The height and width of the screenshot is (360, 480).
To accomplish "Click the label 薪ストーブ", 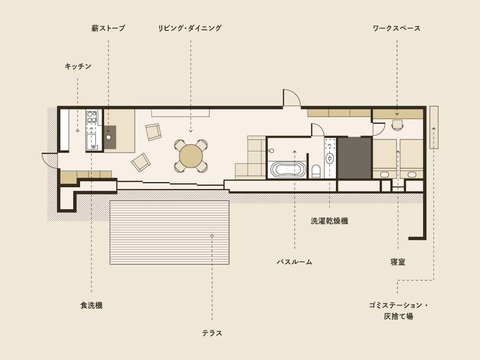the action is pos(108,28).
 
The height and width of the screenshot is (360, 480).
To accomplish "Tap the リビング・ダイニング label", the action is pos(190,28).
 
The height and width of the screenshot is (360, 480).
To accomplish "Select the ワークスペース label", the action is pos(396,28).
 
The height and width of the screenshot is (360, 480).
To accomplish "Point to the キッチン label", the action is pos(78,67).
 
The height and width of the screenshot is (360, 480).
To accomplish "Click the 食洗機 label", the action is pos(91,305).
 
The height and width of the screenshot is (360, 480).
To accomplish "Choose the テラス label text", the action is pos(212,333).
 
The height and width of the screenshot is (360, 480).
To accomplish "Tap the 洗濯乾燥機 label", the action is pos(329,221).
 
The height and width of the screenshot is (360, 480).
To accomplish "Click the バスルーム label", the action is pos(295,262).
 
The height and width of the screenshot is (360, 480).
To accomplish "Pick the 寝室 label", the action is pos(398,262).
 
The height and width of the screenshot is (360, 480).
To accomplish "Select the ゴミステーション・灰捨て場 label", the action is pos(398,310).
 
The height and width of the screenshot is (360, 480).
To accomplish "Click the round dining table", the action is pos(191,156).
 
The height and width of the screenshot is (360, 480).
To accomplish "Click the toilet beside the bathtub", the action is pos(316,171).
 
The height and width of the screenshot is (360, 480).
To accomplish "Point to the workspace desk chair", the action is pos(397,125).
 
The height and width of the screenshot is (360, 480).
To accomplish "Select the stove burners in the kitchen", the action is pos(92,116).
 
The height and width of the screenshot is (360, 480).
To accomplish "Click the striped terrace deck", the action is pos(170,232).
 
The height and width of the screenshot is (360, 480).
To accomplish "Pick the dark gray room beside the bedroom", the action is pos(355,157).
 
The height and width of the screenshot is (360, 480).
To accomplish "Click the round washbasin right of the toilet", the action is pos(330,158).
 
